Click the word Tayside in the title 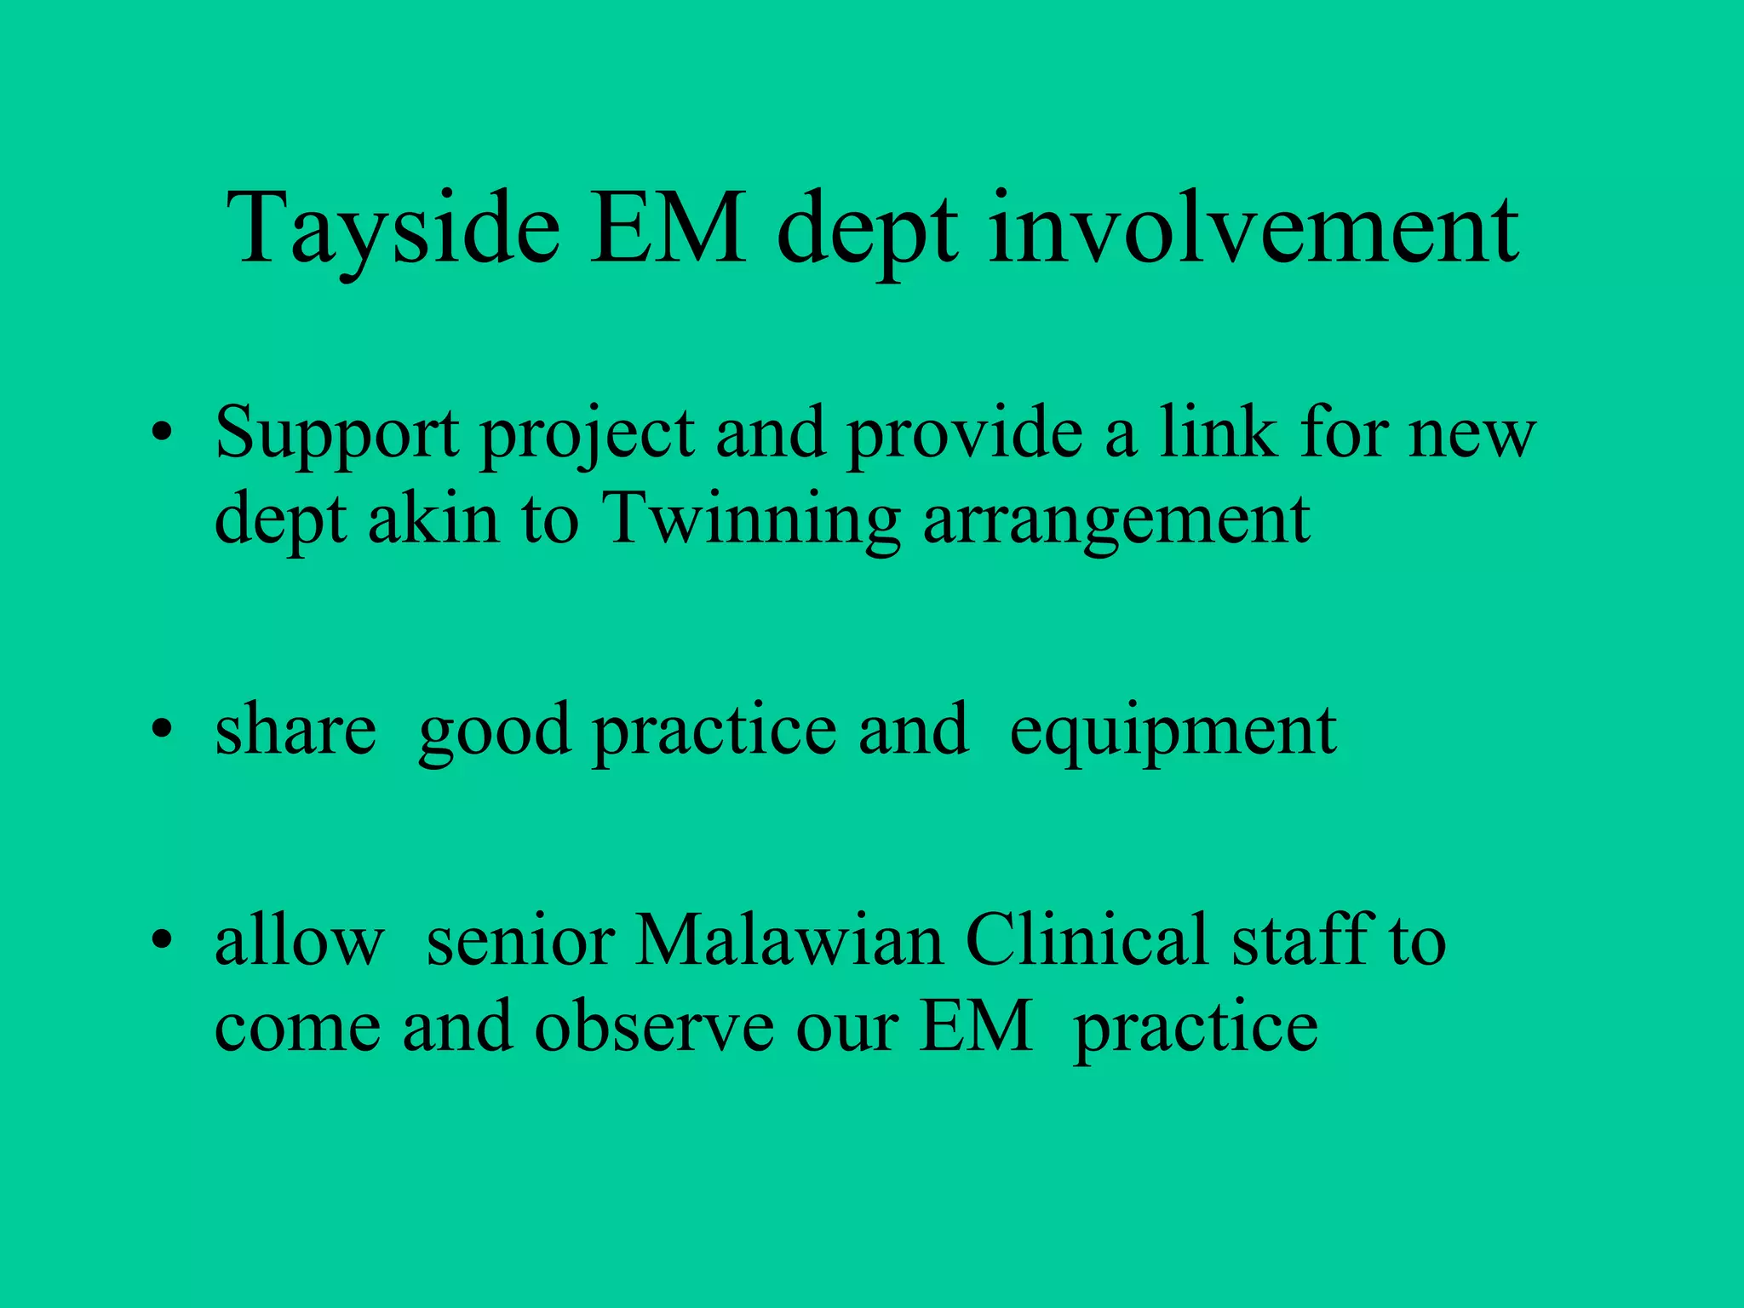point(393,230)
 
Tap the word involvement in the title point(1253,230)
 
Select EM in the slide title point(668,230)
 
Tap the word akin point(433,519)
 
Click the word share point(295,731)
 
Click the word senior point(520,941)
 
